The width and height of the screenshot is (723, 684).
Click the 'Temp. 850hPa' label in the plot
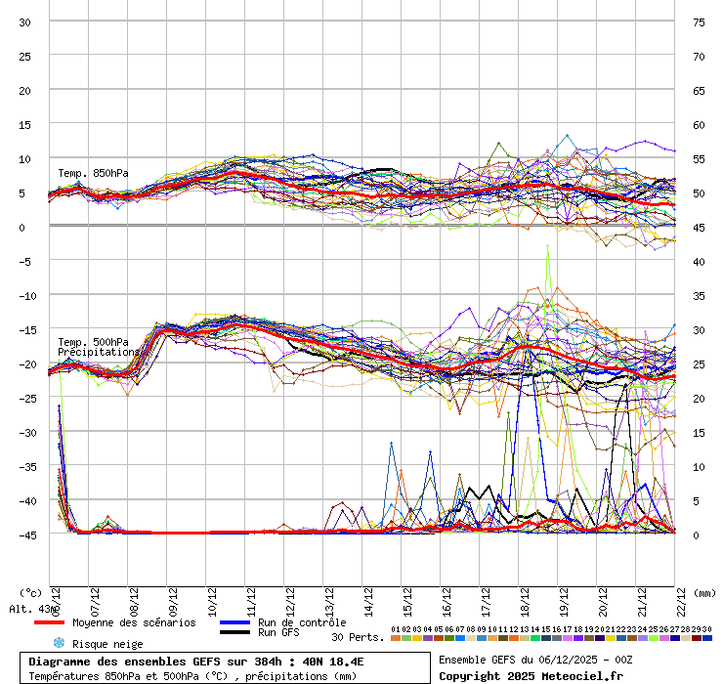coord(93,174)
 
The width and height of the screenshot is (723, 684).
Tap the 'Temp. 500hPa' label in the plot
coord(93,342)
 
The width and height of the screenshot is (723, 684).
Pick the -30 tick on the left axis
coord(25,432)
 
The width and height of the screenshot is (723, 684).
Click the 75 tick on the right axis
coord(699,22)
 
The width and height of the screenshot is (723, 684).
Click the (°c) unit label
coord(31,593)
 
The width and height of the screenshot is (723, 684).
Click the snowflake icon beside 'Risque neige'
coord(58,643)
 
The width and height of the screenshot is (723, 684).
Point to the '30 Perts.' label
coord(357,637)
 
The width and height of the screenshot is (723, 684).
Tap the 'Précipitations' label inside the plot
coord(98,352)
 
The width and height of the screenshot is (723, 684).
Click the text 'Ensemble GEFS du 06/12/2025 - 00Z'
coord(534,660)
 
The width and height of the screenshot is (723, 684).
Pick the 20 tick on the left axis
coord(25,91)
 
